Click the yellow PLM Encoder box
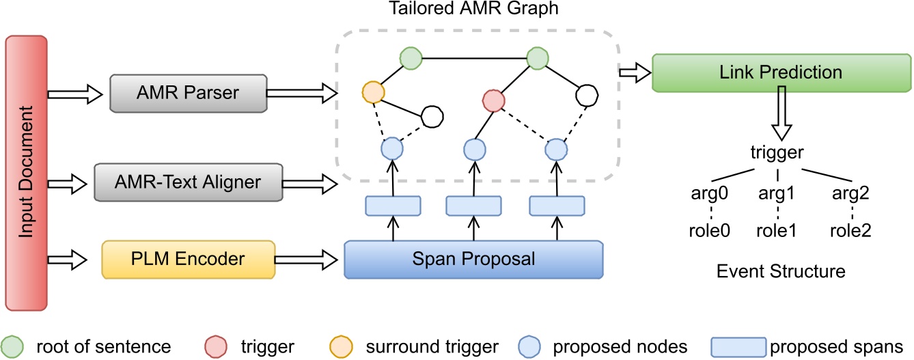[x=188, y=260]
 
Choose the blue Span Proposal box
[x=474, y=260]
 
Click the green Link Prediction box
[x=781, y=71]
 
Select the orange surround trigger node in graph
[x=372, y=92]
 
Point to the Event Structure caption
[x=781, y=271]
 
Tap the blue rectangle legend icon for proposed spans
[x=738, y=346]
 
